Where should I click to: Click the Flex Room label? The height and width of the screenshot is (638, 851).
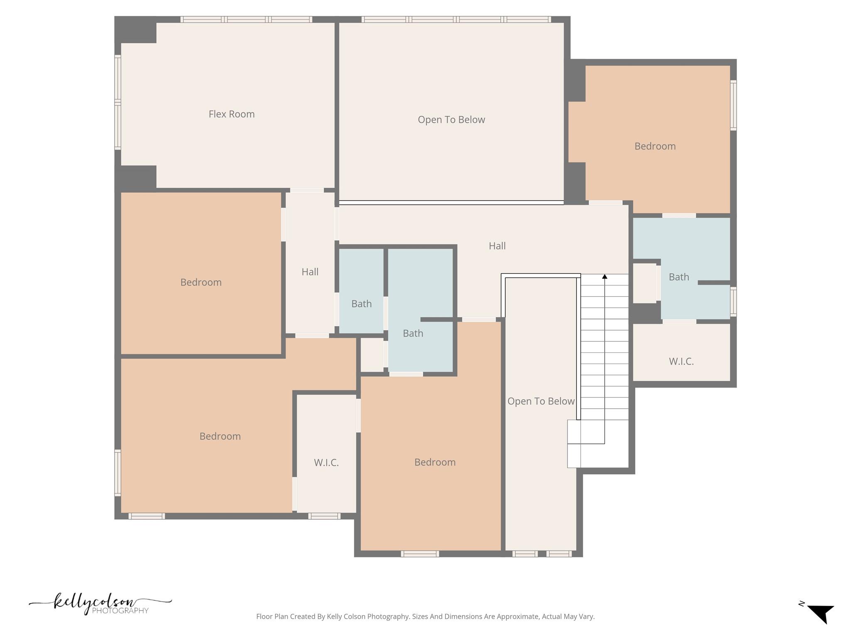click(231, 114)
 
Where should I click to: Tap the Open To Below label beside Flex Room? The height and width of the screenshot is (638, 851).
click(451, 120)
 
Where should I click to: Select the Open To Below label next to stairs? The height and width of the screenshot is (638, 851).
click(541, 401)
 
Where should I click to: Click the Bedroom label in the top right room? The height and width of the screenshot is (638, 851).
click(655, 146)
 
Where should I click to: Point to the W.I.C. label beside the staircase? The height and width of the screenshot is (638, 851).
click(681, 361)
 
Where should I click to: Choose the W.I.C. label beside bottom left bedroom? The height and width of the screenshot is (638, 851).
click(326, 463)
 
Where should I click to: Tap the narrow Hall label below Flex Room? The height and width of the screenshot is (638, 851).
click(310, 272)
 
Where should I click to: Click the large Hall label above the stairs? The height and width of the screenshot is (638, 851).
click(497, 246)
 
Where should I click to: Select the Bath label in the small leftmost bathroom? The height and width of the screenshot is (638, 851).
click(362, 304)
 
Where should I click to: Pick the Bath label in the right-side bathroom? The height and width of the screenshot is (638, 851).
click(679, 277)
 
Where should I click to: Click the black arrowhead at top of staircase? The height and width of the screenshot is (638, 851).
click(605, 276)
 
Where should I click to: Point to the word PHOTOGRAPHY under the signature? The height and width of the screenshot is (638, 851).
click(120, 611)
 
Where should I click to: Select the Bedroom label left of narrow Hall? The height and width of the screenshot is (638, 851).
click(201, 282)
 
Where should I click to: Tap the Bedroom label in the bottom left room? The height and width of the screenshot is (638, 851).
click(220, 437)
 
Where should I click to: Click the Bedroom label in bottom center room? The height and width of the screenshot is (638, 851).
click(435, 462)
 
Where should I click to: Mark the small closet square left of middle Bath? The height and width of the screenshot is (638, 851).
click(372, 355)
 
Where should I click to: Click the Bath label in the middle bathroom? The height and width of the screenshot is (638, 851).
click(413, 334)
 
